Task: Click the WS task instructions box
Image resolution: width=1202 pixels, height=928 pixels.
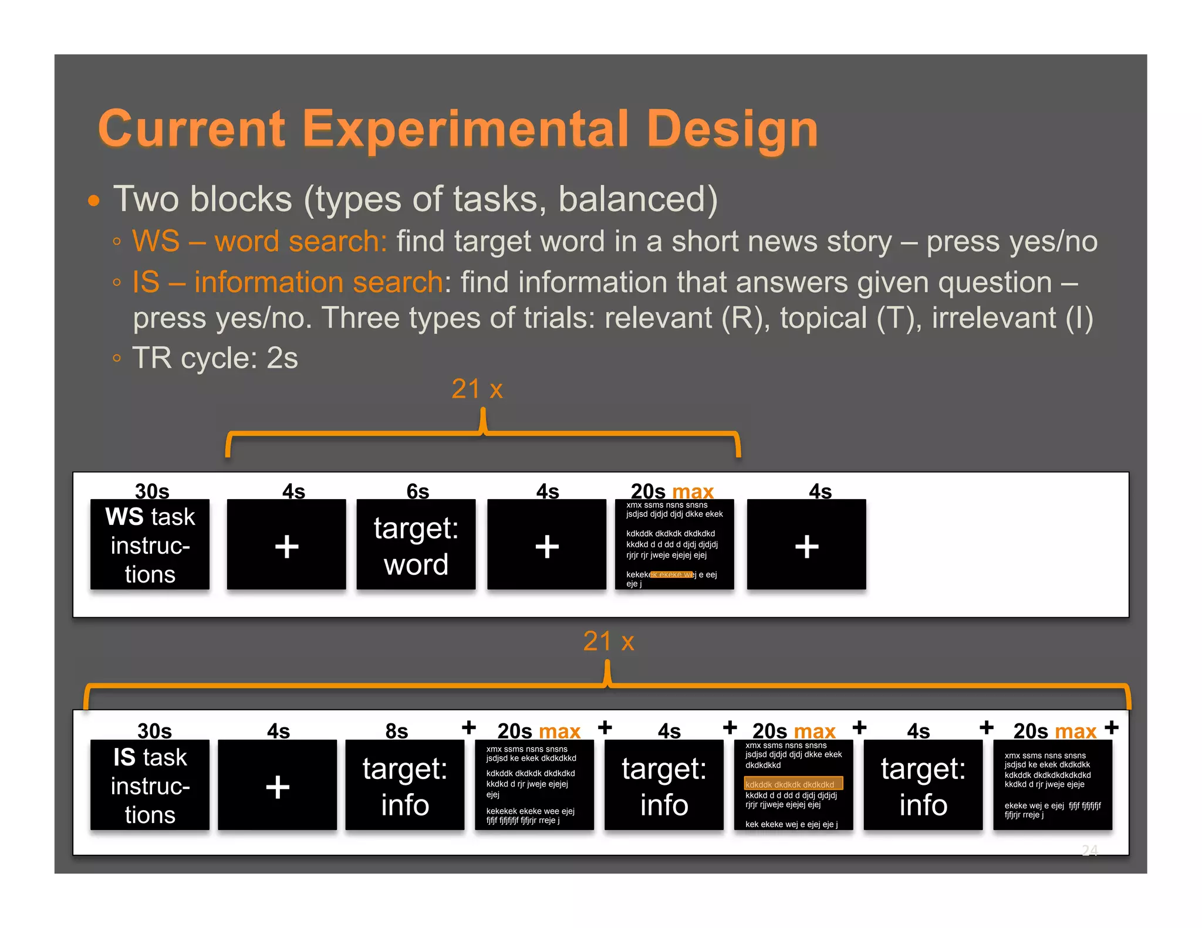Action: (150, 544)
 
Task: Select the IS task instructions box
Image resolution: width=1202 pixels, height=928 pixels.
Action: (150, 785)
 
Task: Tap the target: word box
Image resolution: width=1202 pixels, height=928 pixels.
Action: (416, 544)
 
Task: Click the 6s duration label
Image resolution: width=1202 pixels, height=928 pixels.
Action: (417, 491)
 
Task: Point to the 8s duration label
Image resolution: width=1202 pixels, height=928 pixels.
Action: (396, 731)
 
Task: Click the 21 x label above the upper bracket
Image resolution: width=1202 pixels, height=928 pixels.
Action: (477, 389)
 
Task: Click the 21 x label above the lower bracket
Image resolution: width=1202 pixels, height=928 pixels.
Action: (608, 641)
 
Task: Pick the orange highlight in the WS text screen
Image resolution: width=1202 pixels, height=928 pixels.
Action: (672, 575)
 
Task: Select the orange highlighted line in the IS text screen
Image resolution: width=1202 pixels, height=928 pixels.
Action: (793, 784)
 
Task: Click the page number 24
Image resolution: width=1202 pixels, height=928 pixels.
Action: (1089, 850)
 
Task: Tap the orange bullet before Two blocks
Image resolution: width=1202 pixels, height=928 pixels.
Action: (93, 201)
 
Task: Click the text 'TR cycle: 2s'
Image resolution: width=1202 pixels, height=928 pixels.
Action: (215, 358)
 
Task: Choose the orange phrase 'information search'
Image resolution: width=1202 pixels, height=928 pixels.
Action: (318, 282)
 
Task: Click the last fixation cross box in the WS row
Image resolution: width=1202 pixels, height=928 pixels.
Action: (806, 544)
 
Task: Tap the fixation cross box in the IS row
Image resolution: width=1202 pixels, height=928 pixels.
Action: (277, 785)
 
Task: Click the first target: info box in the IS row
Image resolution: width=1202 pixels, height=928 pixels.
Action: (404, 785)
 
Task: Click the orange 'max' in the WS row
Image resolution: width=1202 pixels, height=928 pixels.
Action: (693, 491)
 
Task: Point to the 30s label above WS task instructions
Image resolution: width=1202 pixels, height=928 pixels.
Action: (151, 491)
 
